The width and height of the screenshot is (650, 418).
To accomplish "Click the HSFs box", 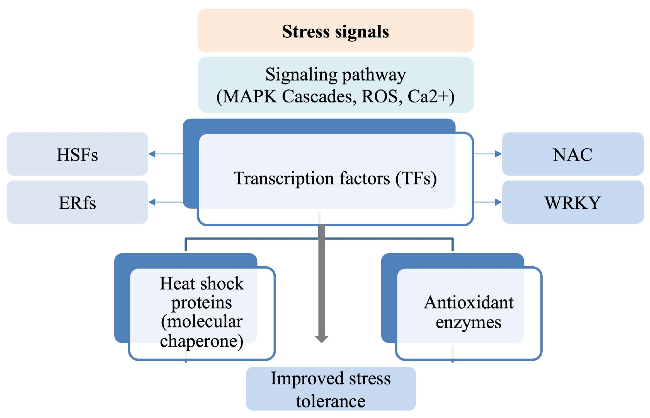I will tap(77, 154).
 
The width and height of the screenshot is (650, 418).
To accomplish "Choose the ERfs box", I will tap(77, 202).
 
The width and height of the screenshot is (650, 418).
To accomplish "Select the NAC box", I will tap(573, 154).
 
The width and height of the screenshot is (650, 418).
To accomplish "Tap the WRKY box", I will tap(573, 202).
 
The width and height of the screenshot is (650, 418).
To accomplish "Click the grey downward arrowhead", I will tap(322, 339).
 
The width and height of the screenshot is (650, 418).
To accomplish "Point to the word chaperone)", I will tap(202, 341).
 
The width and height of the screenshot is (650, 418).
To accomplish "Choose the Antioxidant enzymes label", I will tap(469, 312).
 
